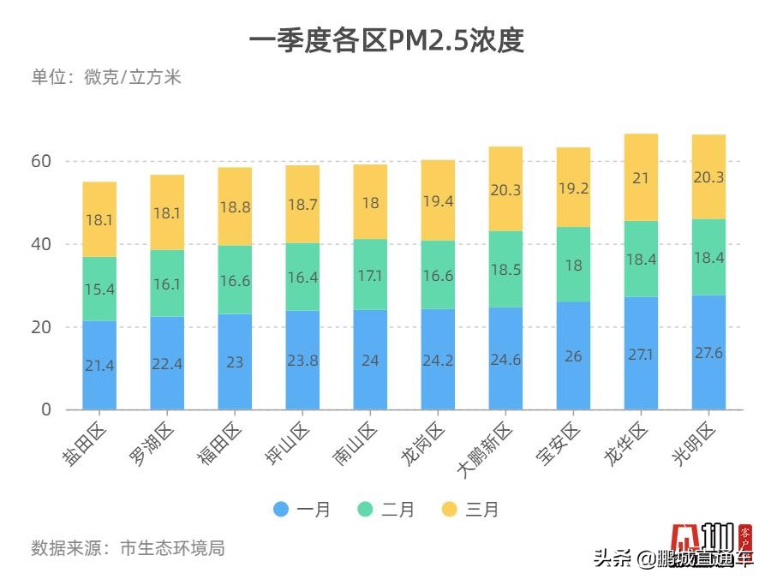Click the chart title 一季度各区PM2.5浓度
(385, 41)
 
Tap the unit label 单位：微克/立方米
(106, 77)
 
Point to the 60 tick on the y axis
(42, 161)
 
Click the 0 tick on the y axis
(46, 409)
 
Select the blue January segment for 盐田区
(99, 365)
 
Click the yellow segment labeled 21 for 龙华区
(641, 178)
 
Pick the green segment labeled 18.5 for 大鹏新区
(505, 269)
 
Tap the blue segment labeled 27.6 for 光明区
(708, 352)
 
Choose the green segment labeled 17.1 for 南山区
(370, 275)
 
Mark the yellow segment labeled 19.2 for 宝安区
(573, 188)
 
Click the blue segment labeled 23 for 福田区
(235, 361)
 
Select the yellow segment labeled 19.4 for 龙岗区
(438, 200)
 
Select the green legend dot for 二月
(365, 510)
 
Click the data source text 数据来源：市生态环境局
(128, 548)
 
